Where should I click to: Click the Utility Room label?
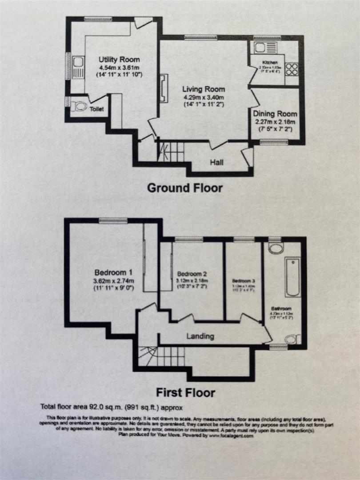pyautogui.click(x=119, y=60)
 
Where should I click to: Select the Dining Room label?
pyautogui.click(x=274, y=114)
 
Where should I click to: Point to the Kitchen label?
pyautogui.click(x=270, y=63)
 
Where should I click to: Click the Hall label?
pyautogui.click(x=217, y=163)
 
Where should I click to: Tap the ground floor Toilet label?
pyautogui.click(x=97, y=109)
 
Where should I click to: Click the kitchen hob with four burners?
pyautogui.click(x=292, y=69)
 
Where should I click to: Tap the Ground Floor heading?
pyautogui.click(x=185, y=188)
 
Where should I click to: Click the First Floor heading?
pyautogui.click(x=185, y=393)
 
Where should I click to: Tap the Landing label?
pyautogui.click(x=200, y=336)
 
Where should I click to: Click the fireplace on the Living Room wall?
pyautogui.click(x=164, y=89)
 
